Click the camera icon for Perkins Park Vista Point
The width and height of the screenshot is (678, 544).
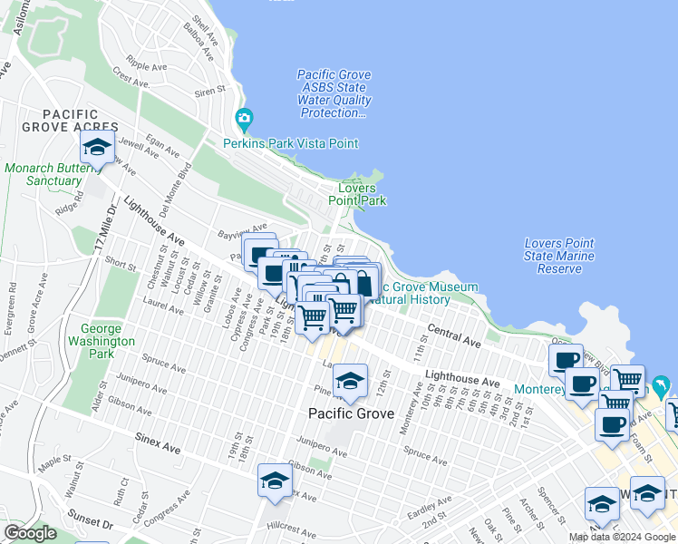coord(243,119)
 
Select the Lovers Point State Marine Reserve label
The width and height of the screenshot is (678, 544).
coord(559,256)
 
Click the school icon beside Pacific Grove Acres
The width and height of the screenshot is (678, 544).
coord(98,148)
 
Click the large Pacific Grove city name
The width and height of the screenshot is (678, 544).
coord(351,413)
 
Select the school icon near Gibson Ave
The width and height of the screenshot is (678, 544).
coord(275,481)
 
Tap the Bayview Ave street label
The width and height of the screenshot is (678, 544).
coord(242,229)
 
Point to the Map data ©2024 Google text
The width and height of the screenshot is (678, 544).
coord(622,537)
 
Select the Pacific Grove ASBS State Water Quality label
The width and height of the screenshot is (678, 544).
coord(334,93)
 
